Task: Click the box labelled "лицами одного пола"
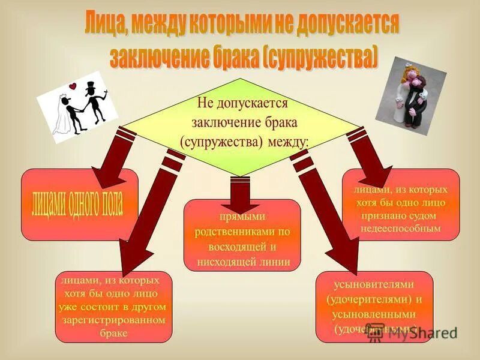tap(79, 205)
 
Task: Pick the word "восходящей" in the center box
tap(236, 247)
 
